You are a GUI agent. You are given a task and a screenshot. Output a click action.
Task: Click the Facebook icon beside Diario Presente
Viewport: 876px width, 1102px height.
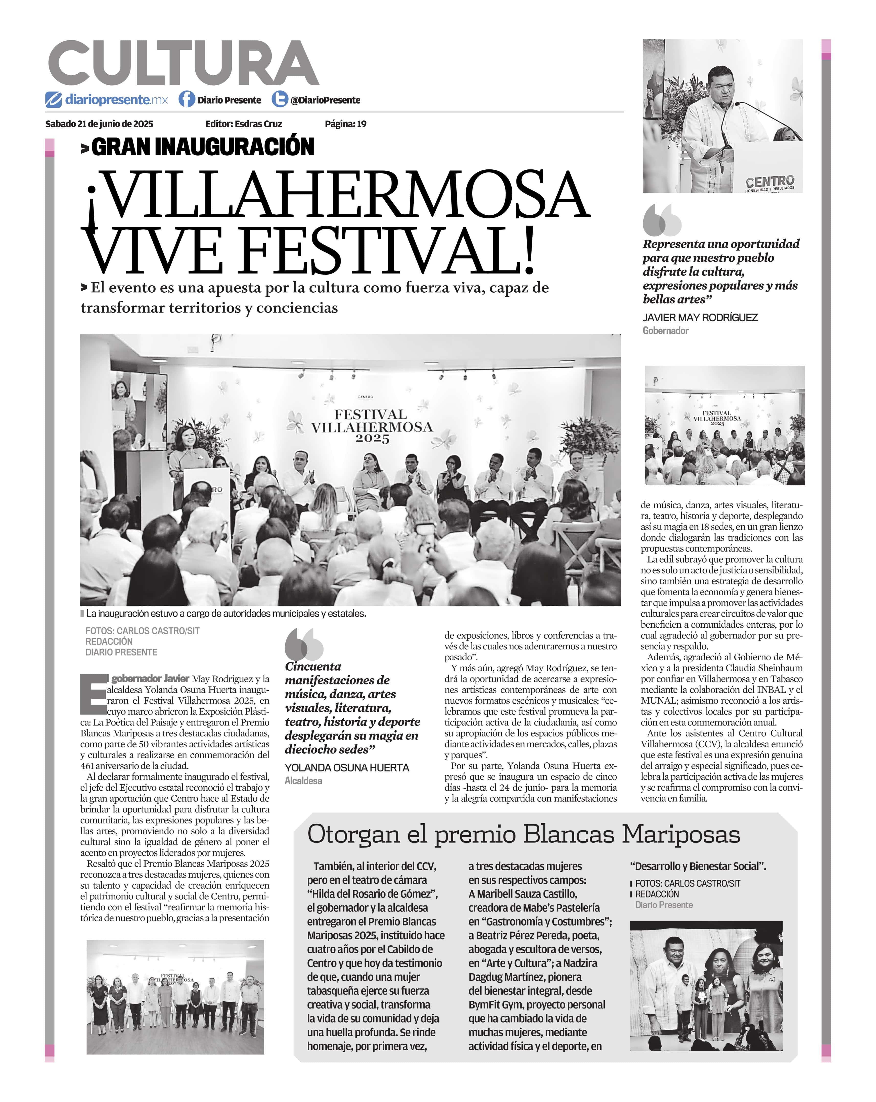[x=187, y=99]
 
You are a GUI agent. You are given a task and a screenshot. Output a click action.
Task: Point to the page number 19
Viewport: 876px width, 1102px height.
[x=362, y=124]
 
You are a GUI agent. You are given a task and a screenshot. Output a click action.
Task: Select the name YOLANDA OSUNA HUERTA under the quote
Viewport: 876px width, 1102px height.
[x=347, y=768]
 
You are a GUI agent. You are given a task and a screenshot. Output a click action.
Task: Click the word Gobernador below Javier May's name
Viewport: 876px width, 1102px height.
[x=665, y=331]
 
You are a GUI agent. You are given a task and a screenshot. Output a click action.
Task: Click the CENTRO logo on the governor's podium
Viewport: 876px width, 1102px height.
[x=770, y=181]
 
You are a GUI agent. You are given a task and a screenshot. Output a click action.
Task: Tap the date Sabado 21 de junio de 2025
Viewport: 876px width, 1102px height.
[x=99, y=124]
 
